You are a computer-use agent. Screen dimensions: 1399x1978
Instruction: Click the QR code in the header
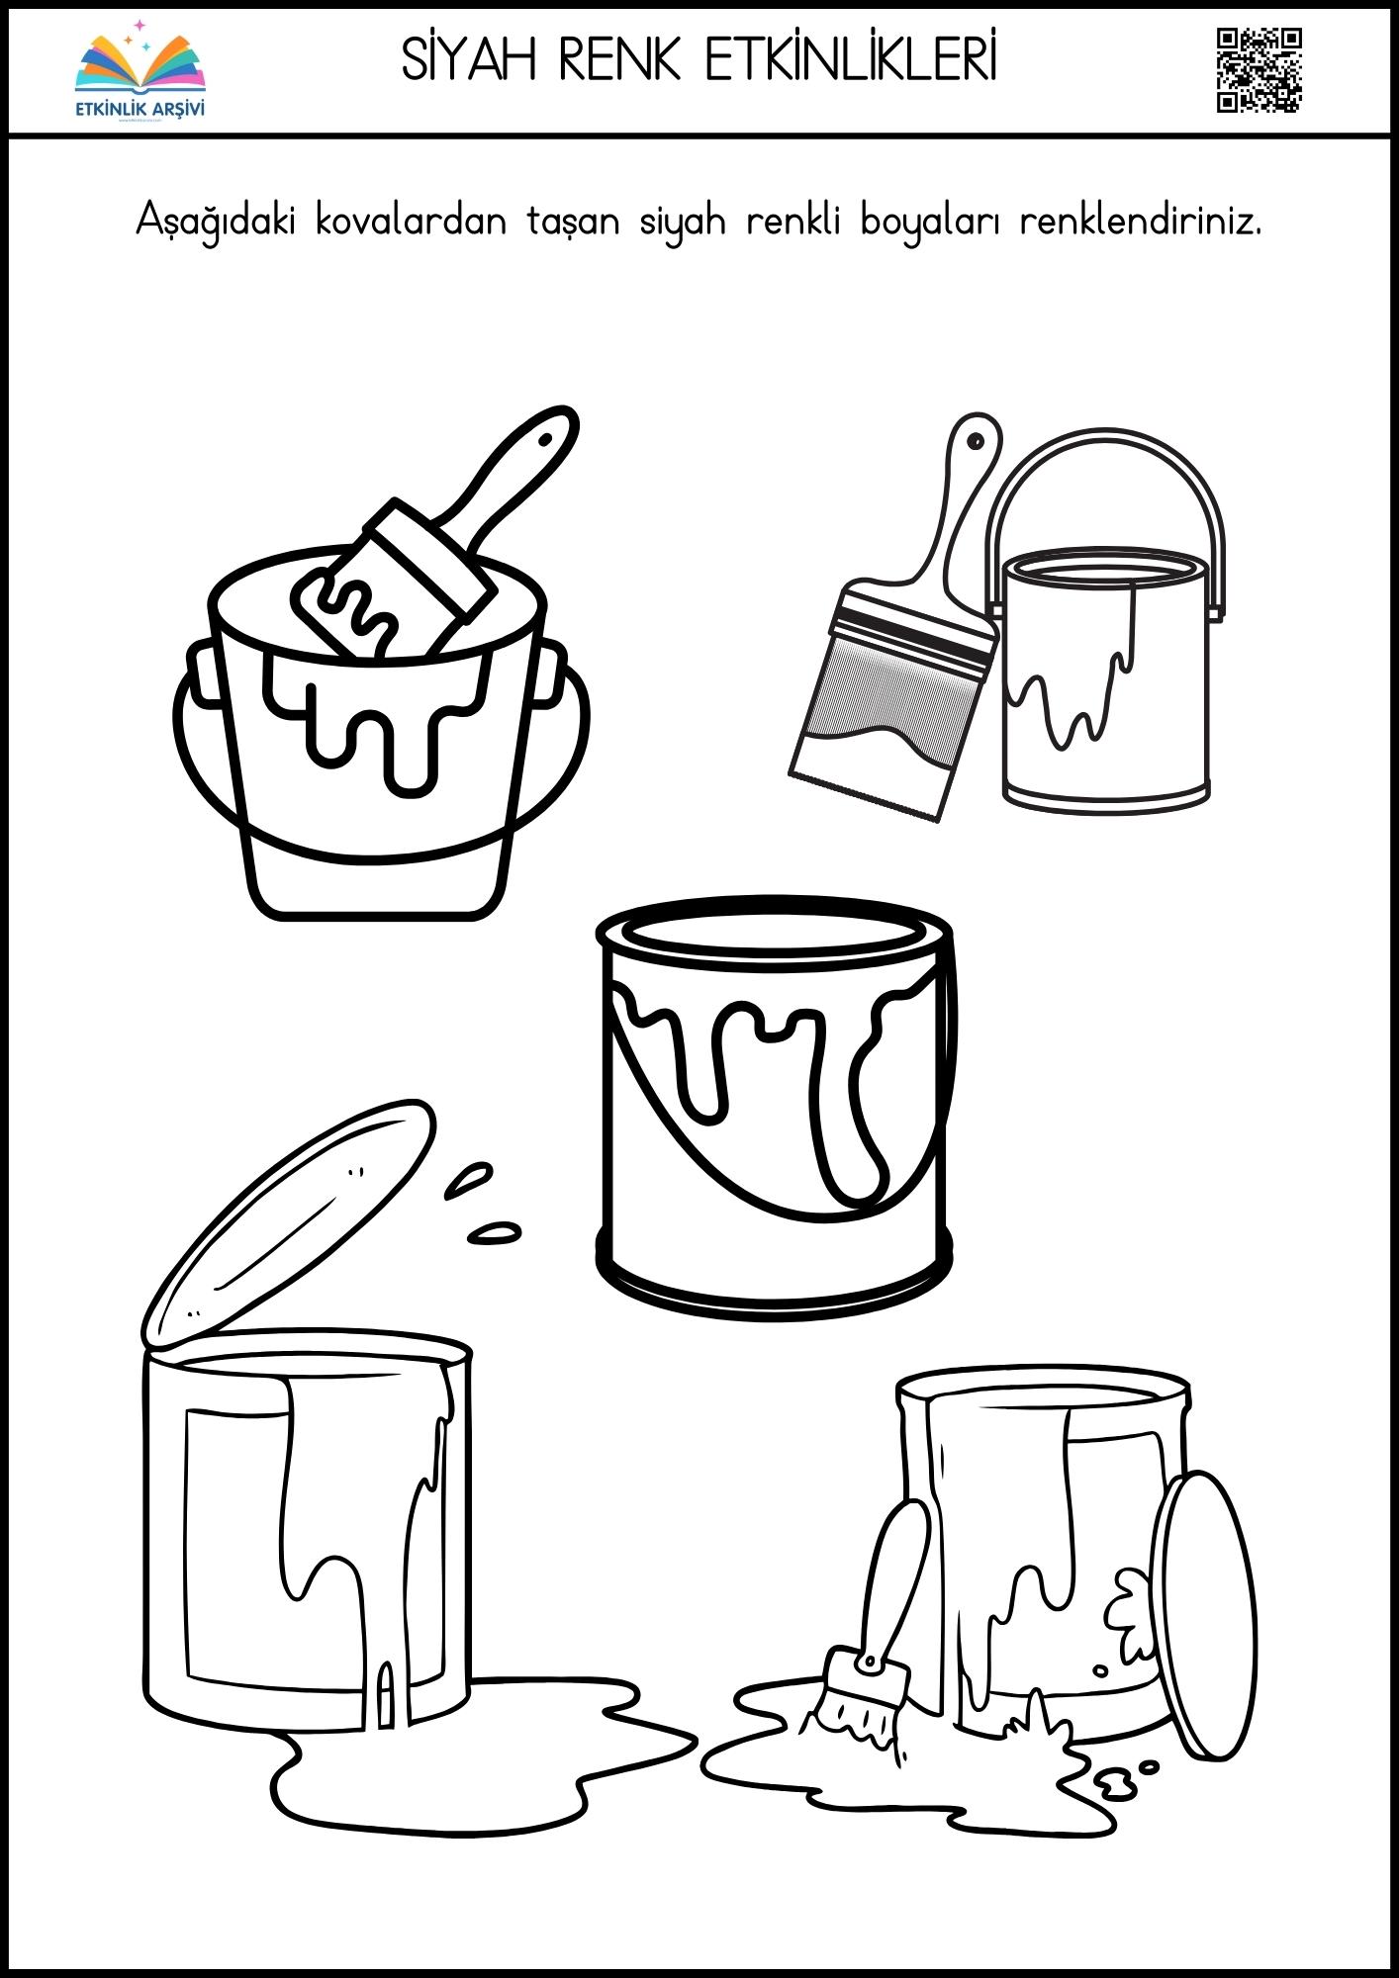coord(1259,70)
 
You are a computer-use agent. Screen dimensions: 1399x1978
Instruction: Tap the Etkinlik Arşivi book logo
coord(140,68)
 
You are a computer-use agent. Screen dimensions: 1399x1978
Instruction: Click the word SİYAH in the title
coord(469,60)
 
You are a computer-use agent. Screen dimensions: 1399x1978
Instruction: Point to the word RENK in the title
coord(620,60)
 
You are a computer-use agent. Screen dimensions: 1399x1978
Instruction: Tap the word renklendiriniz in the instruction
coord(1141,220)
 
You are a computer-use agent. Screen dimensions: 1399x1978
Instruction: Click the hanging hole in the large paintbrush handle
coord(977,440)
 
